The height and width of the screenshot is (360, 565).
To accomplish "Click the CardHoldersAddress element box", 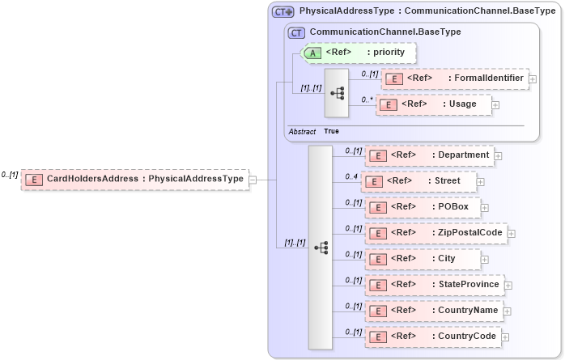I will pyautogui.click(x=134, y=179).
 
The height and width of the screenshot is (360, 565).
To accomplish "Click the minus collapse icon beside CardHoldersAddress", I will pyautogui.click(x=253, y=180).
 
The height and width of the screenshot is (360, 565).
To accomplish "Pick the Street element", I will pyautogui.click(x=418, y=181).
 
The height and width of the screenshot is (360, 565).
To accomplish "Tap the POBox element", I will pyautogui.click(x=423, y=207).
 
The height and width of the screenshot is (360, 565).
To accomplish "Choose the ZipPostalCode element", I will pyautogui.click(x=435, y=233).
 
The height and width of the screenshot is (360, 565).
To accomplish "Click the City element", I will pyautogui.click(x=423, y=259).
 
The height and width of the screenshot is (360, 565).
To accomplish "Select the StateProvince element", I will pyautogui.click(x=434, y=285).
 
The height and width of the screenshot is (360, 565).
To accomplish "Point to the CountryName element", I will pyautogui.click(x=434, y=311).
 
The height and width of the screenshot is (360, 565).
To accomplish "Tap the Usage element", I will pyautogui.click(x=433, y=104).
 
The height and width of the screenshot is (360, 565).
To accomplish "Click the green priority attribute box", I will pyautogui.click(x=359, y=53).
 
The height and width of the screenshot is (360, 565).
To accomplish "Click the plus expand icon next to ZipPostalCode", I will pyautogui.click(x=512, y=234).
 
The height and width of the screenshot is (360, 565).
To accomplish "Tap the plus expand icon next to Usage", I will pyautogui.click(x=495, y=105).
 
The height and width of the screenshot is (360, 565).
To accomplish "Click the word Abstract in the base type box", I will pyautogui.click(x=302, y=131).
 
